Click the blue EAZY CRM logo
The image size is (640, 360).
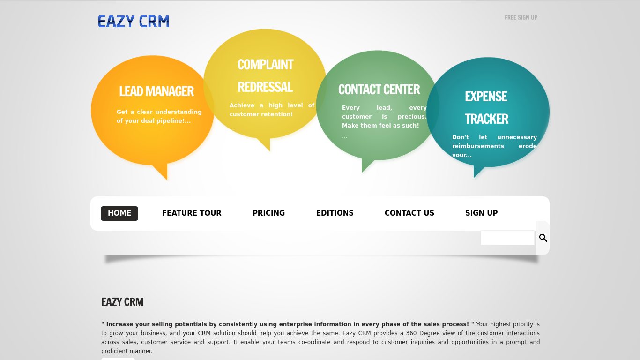134,22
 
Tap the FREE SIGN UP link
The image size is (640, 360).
521,18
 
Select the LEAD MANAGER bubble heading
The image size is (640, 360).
156,91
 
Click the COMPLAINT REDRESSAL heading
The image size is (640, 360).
266,76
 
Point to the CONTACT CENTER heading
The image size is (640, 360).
379,90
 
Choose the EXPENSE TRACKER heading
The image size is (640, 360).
486,107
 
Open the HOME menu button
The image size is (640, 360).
119,213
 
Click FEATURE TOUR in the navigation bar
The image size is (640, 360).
192,213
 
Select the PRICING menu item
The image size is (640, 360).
268,213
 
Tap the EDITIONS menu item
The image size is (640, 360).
335,213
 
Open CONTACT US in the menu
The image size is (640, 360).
409,213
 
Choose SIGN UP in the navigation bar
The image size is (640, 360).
482,213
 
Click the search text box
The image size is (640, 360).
507,238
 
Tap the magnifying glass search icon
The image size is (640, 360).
543,238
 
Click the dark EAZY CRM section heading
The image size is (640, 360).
122,302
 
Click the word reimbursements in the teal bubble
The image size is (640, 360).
478,146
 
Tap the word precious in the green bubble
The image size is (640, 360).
412,117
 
